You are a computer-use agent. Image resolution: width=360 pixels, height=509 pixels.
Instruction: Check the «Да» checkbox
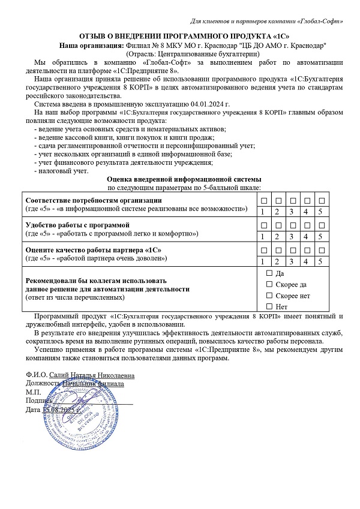click(268, 273)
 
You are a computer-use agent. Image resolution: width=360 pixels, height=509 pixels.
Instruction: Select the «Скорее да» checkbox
click(268, 284)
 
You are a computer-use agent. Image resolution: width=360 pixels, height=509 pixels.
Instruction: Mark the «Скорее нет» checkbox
click(268, 296)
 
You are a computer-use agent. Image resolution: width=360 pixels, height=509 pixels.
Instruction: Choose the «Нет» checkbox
click(268, 307)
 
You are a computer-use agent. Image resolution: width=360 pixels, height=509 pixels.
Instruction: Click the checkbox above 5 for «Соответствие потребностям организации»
click(321, 200)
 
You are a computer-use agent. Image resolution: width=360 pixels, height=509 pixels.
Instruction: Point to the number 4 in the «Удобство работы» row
click(306, 236)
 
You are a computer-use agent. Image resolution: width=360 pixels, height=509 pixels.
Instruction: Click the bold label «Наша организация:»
click(91, 46)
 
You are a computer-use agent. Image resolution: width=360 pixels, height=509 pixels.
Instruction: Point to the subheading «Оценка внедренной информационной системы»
click(184, 179)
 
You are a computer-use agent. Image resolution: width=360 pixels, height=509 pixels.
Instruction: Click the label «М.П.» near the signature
click(33, 392)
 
